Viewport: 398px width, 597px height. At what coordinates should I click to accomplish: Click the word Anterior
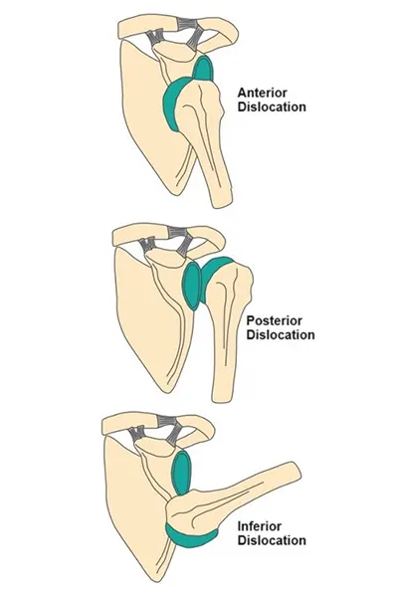pos(263,93)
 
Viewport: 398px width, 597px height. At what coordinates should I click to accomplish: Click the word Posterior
pos(275,320)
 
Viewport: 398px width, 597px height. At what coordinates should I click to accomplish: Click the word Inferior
pos(260,526)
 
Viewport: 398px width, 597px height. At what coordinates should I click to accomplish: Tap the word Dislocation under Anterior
pos(272,106)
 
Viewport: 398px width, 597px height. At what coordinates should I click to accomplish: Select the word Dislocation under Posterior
pos(281,334)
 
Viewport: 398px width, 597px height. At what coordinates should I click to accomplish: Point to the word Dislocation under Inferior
pos(272,540)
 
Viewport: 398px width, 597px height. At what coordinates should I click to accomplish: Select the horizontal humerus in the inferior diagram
pos(236,492)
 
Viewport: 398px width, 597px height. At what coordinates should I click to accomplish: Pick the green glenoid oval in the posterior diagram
pos(192,286)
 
